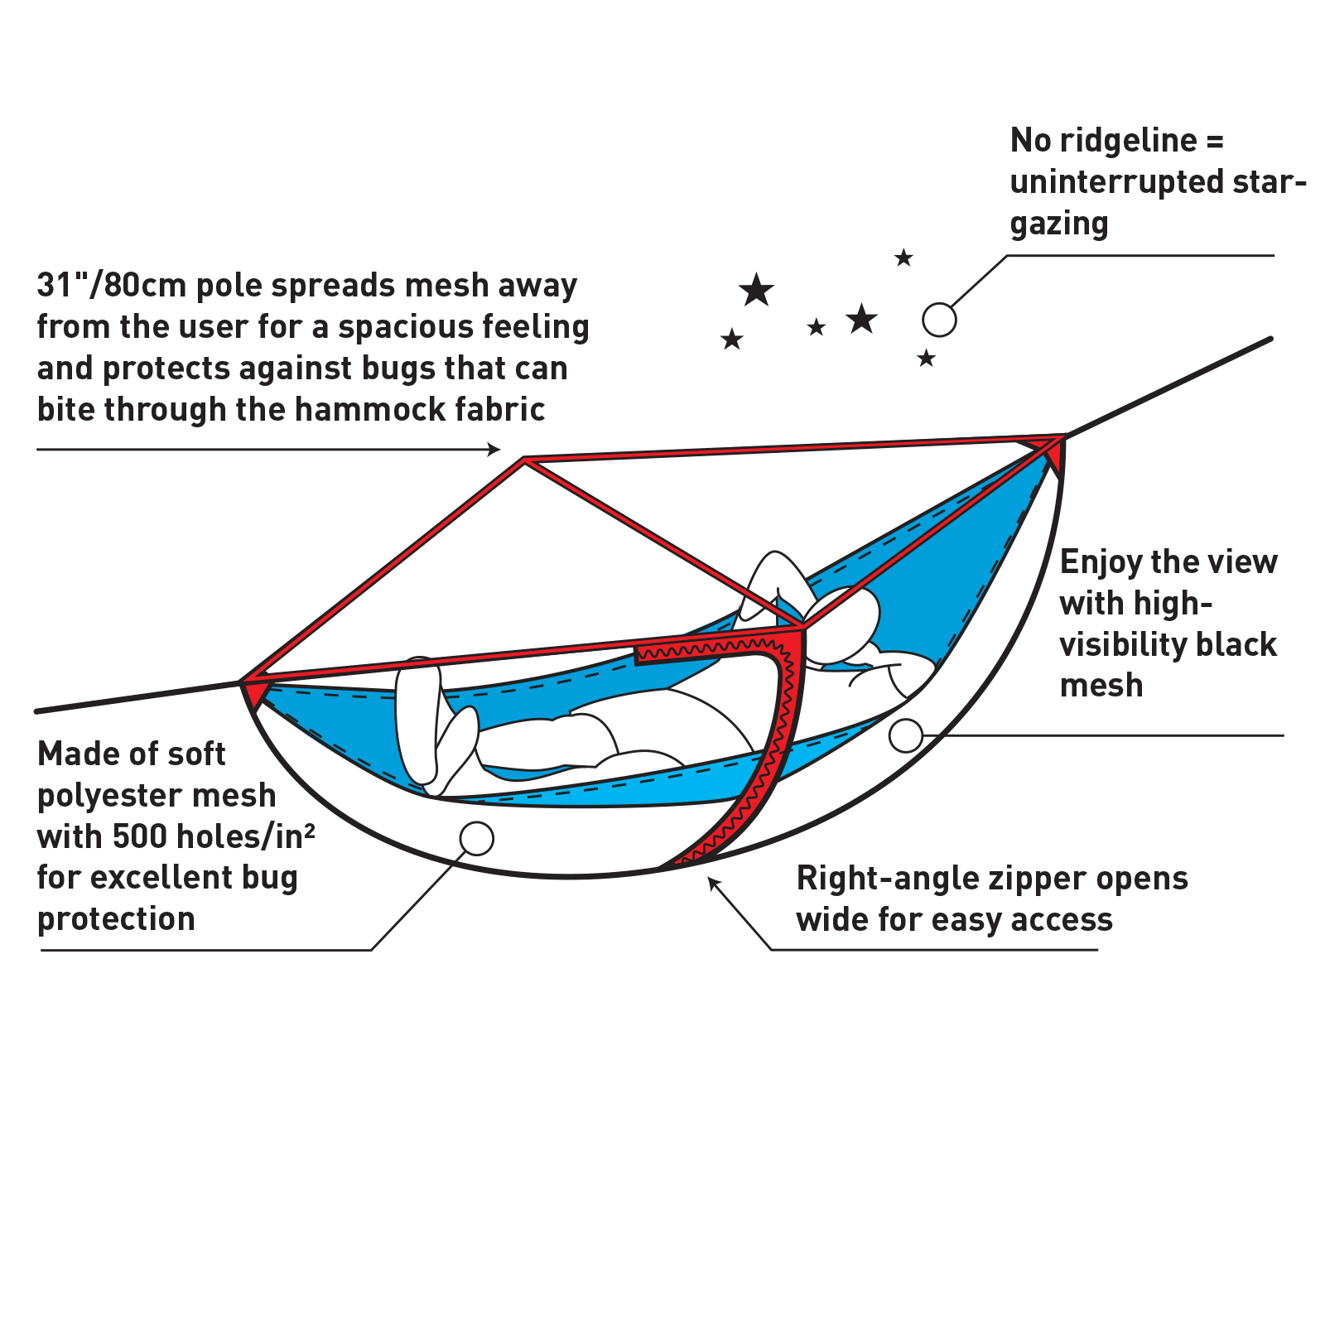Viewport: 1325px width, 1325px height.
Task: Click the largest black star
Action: (x=756, y=291)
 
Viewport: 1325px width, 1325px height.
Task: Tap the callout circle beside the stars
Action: (x=939, y=320)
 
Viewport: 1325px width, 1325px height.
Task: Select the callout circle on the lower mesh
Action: (x=476, y=839)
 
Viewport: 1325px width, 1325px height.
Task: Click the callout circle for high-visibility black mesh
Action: (x=905, y=735)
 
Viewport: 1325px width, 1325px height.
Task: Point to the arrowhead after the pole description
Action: (x=495, y=449)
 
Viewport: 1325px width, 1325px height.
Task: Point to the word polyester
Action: (x=113, y=795)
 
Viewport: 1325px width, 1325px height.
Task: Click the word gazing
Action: (x=1058, y=224)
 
